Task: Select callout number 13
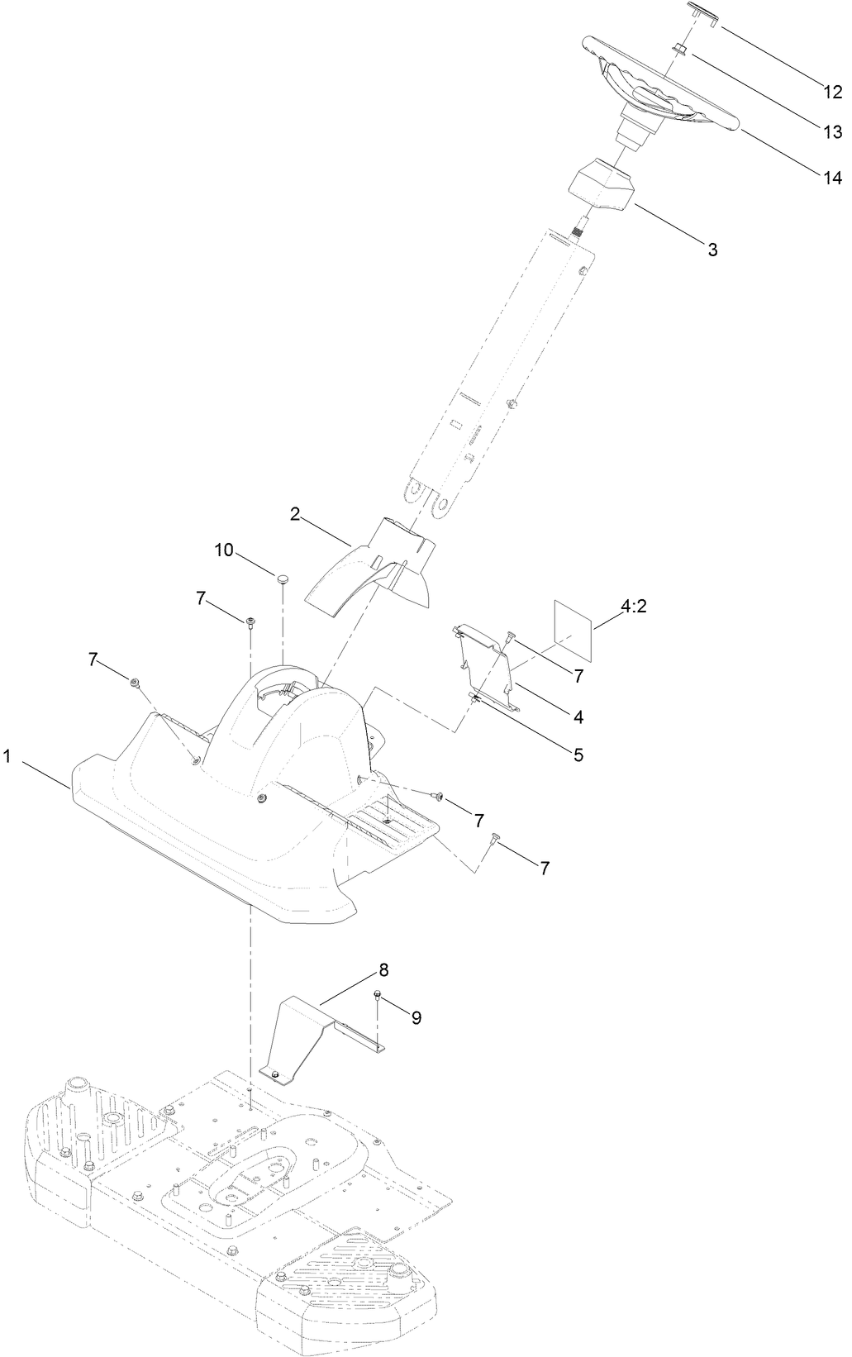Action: point(831,132)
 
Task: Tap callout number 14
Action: point(831,177)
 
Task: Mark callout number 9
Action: point(415,1018)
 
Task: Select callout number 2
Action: point(295,514)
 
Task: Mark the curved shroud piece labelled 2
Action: point(364,570)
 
